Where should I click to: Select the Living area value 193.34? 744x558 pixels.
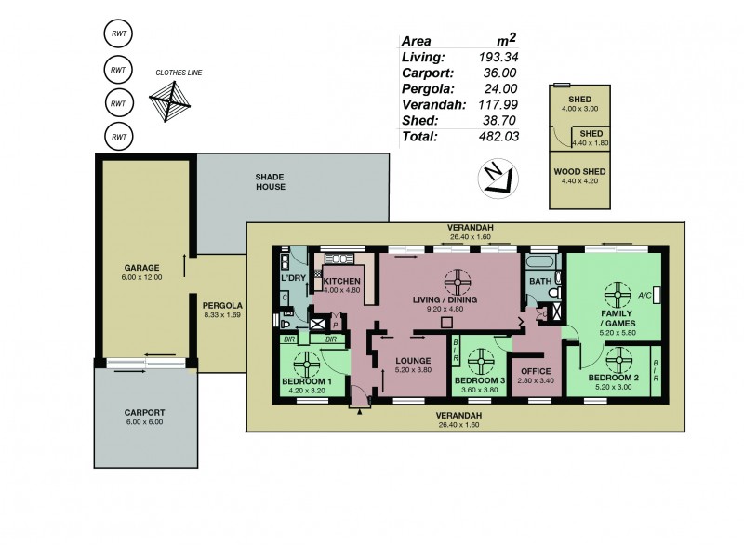pos(498,58)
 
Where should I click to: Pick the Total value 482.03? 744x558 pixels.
pos(498,137)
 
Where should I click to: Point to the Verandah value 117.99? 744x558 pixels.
pos(498,105)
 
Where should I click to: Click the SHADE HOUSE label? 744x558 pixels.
pos(271,181)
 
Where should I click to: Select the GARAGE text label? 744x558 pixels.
pos(143,268)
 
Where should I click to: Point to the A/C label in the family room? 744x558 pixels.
pos(644,296)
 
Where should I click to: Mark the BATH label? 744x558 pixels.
pos(540,280)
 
